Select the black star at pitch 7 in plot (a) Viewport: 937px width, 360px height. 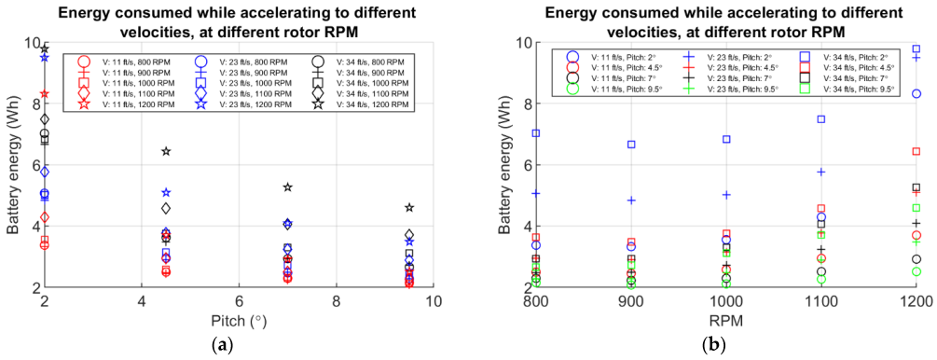click(x=288, y=187)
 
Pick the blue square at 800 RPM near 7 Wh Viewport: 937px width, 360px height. click(x=535, y=133)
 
